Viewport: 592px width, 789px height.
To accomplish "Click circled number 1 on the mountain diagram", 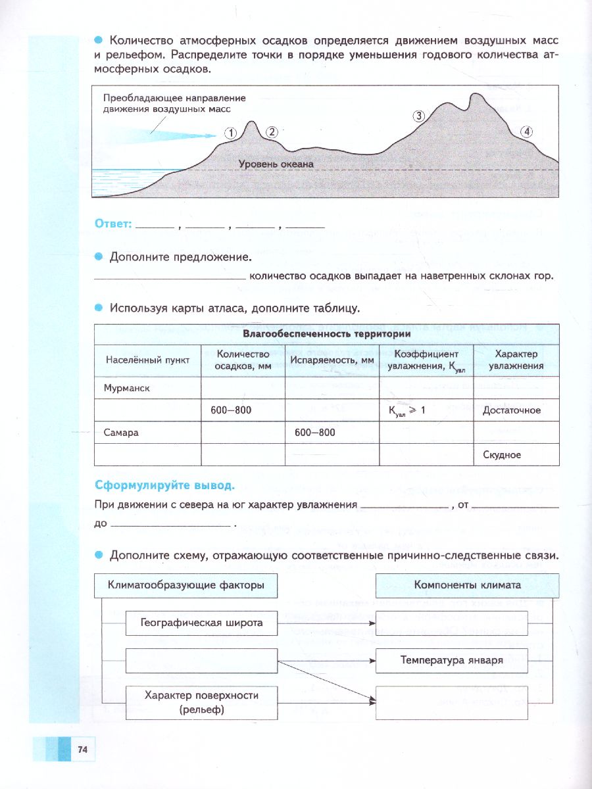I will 230,133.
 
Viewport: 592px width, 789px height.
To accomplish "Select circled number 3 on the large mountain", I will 420,116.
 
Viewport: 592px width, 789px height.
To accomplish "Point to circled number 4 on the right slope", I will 527,131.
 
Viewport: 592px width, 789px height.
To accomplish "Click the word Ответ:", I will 112,224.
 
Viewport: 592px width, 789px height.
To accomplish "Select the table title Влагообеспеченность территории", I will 327,333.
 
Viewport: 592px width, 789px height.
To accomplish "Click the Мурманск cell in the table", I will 128,388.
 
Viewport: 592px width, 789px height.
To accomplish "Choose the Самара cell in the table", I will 121,432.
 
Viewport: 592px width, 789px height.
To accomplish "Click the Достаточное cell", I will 512,410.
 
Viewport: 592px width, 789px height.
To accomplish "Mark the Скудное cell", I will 502,454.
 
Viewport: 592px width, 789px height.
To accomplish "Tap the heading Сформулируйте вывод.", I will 164,486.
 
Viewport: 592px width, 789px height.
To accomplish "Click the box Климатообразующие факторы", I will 186,585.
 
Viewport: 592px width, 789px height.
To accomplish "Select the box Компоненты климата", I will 467,585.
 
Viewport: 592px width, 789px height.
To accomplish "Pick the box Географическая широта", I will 201,623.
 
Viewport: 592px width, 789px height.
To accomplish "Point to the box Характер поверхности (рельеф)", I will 201,702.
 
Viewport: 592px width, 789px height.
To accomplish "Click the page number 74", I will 82,750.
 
